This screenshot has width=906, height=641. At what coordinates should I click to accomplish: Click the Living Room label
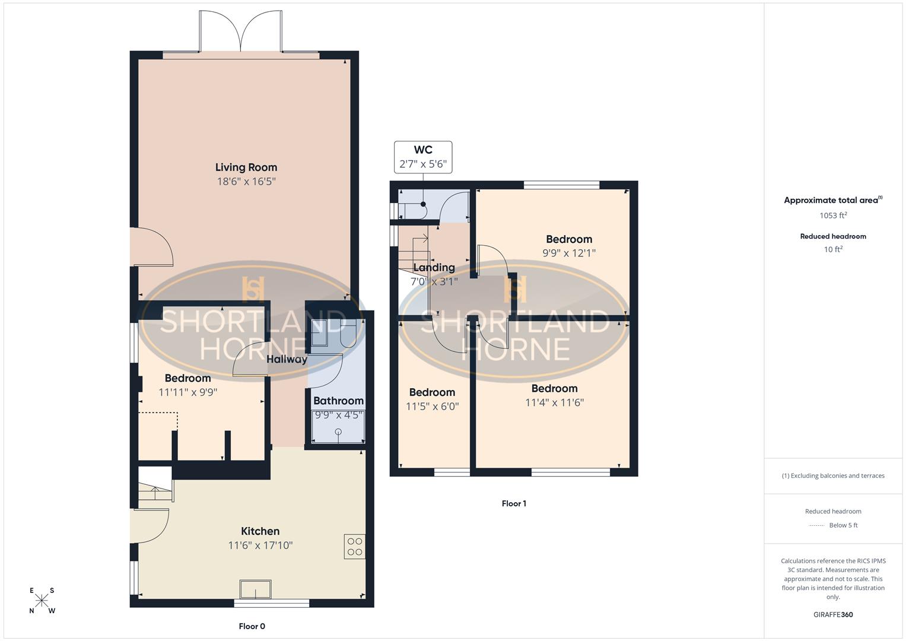tap(246, 167)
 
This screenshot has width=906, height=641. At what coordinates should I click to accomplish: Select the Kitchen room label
tap(260, 531)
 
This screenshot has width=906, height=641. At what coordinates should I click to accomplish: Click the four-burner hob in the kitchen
tap(354, 547)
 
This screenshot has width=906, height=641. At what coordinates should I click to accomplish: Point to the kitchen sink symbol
tap(256, 589)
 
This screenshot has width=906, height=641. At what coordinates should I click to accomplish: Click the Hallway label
tap(287, 359)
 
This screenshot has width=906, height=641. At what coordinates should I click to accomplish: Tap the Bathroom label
tap(338, 401)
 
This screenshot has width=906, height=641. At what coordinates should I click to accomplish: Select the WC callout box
tap(423, 157)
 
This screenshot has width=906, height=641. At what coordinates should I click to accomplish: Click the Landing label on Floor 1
tap(434, 268)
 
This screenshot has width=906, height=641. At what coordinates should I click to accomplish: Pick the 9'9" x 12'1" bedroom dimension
tap(569, 253)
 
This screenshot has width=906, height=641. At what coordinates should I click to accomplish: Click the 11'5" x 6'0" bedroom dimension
tap(432, 407)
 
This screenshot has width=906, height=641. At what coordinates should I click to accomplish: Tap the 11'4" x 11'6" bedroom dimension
tap(554, 402)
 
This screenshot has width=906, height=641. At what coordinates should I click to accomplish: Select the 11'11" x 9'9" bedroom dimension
tap(187, 392)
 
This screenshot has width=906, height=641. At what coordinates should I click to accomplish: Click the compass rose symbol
tap(42, 601)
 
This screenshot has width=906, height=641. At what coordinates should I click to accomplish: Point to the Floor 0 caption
tap(252, 626)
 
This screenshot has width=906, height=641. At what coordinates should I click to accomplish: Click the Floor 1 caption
tap(514, 503)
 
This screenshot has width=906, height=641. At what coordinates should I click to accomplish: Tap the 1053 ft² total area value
tap(833, 215)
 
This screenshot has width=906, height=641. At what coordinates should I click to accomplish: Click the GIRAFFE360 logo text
tap(833, 614)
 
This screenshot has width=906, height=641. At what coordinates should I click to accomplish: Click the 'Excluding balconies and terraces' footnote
tap(833, 475)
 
